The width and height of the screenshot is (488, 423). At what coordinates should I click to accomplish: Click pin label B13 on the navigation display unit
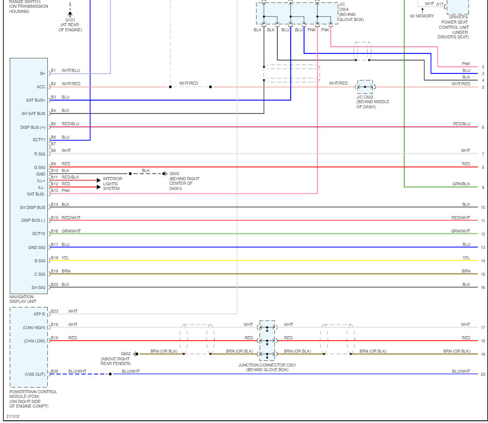click(53, 190)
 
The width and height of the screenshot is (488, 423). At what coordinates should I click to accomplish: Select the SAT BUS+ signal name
click(35, 100)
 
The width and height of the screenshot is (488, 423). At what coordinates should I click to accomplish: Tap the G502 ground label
click(174, 174)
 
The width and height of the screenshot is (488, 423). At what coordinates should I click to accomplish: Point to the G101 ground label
click(70, 21)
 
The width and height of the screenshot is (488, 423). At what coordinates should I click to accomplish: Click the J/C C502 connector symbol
click(365, 87)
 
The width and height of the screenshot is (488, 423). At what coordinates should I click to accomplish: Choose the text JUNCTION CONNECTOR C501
click(267, 365)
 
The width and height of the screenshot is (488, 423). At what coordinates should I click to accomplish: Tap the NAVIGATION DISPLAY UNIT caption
click(23, 299)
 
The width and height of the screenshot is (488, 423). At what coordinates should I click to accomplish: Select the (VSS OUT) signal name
click(35, 374)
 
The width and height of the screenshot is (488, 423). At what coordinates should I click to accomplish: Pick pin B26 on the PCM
click(54, 371)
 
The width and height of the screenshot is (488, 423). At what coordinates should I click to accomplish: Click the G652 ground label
click(126, 354)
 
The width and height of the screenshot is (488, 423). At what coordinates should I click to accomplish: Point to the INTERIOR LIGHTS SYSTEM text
click(112, 184)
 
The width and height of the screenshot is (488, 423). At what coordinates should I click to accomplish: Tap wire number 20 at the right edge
click(483, 374)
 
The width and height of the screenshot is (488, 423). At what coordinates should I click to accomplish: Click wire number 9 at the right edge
click(483, 187)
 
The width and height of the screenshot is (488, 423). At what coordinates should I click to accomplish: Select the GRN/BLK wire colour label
click(461, 184)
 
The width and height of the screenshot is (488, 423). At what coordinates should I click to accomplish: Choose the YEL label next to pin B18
click(65, 258)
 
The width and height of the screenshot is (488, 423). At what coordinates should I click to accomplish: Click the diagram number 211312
click(13, 416)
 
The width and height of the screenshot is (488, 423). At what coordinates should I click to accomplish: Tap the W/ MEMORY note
click(422, 16)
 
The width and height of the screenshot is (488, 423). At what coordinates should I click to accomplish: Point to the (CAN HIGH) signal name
click(34, 328)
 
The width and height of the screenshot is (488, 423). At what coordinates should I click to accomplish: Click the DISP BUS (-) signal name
click(33, 221)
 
